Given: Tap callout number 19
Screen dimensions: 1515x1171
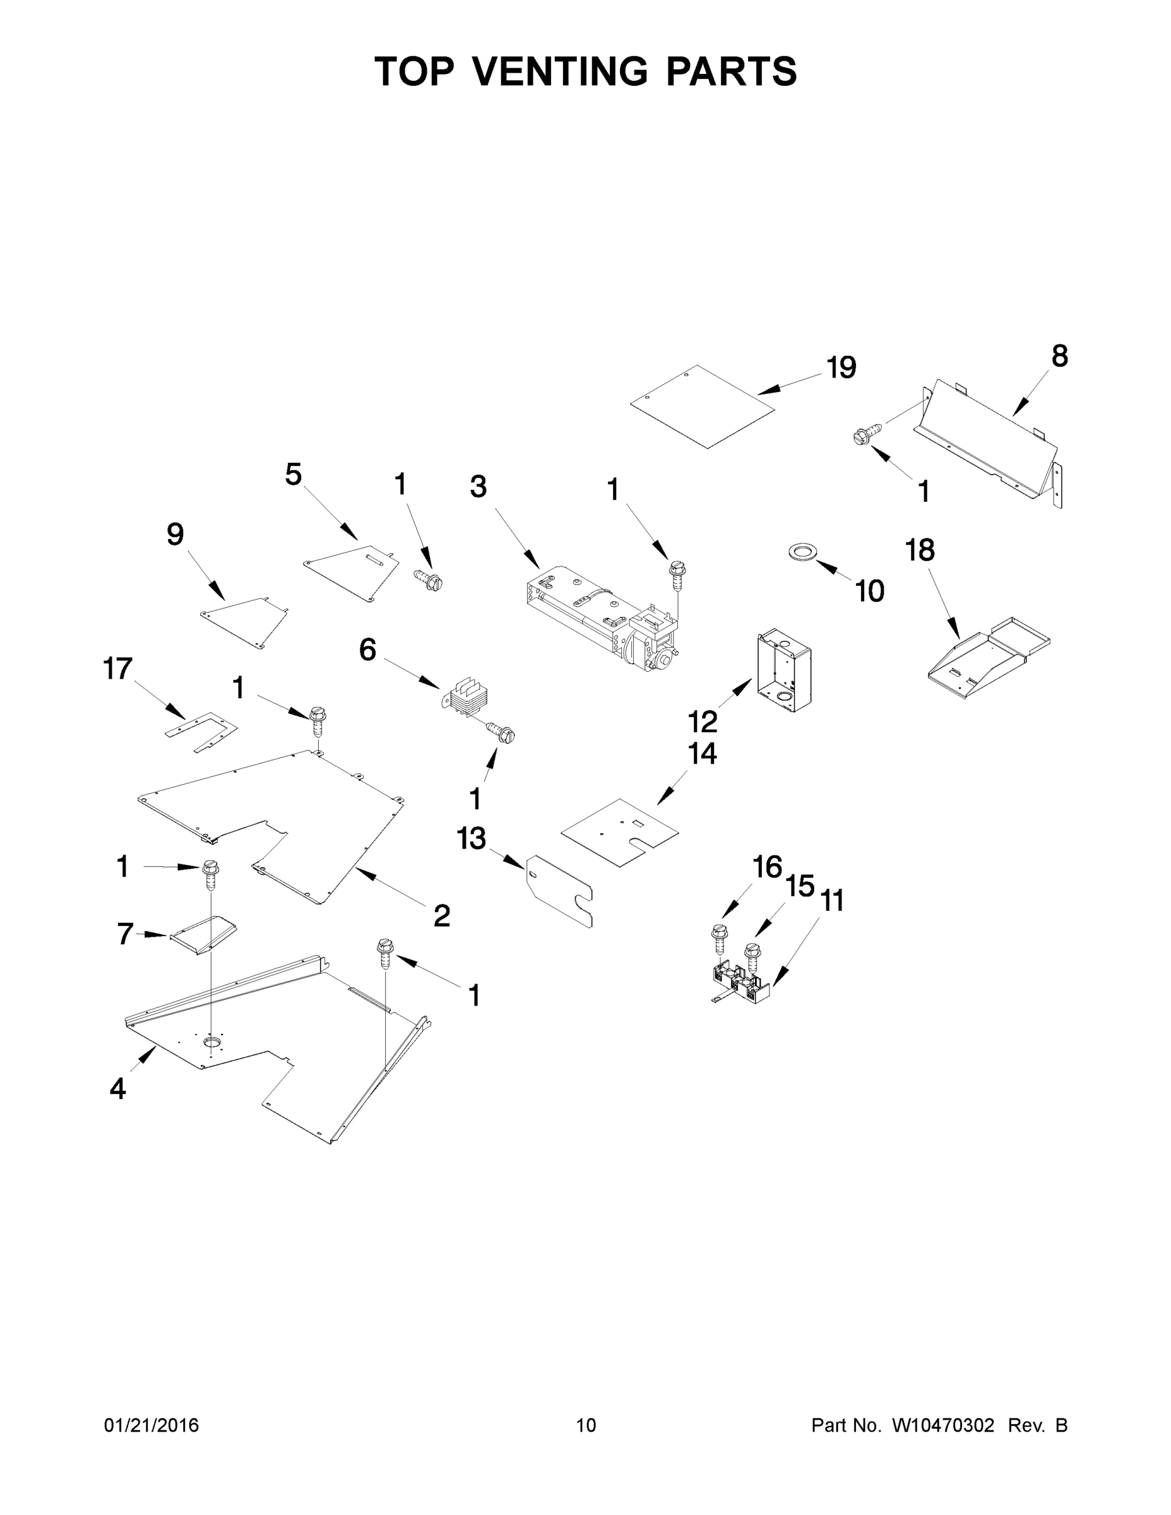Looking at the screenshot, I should tap(841, 367).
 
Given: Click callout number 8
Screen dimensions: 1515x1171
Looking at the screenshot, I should tap(1059, 356).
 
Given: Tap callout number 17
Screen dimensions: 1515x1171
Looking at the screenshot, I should tap(117, 668).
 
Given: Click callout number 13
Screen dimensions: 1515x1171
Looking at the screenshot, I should tap(471, 839).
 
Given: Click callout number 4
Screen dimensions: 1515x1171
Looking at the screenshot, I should tap(118, 1088).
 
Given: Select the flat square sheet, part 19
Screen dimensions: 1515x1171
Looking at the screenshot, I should tap(701, 407).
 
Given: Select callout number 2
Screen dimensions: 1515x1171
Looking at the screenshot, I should tap(441, 917).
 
